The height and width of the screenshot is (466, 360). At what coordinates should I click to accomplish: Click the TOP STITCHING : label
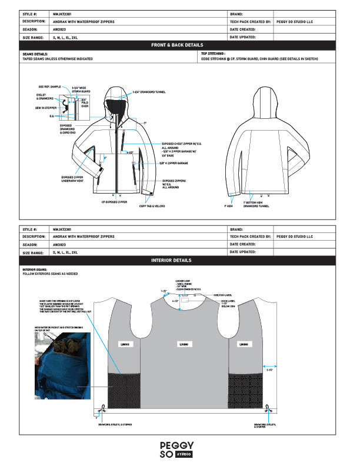coord(213,54)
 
